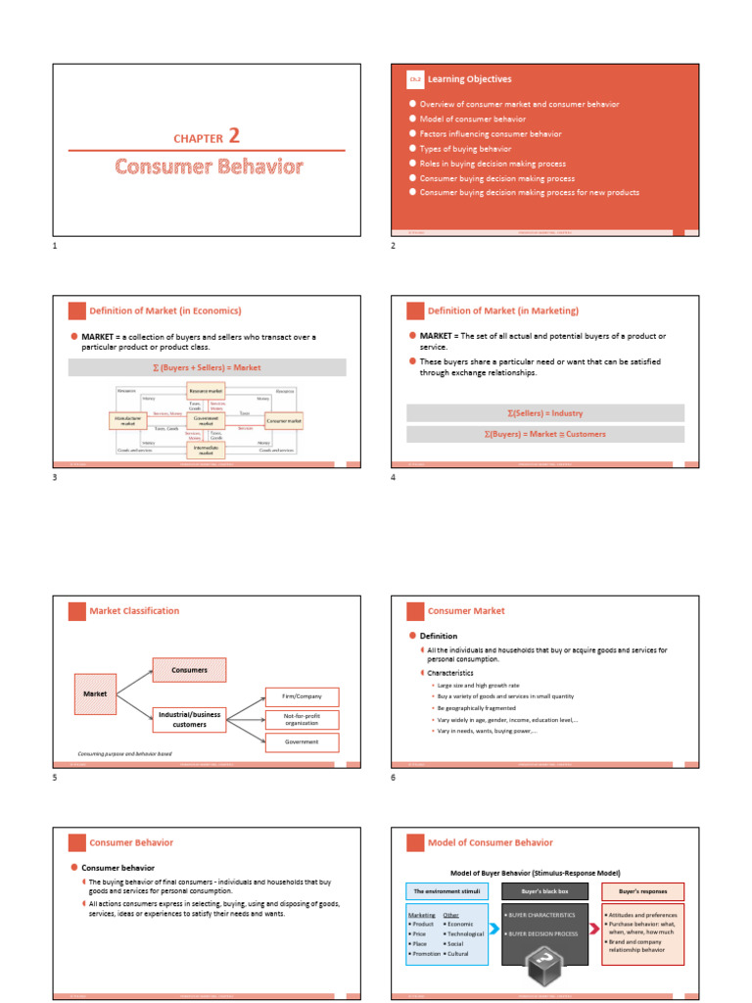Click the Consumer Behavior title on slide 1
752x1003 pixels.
[x=207, y=167]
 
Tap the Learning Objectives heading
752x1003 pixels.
[x=469, y=79]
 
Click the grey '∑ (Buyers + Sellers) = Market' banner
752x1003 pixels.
[x=207, y=367]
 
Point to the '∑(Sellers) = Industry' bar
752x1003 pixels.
[x=545, y=413]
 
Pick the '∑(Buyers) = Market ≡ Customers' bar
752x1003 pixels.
[x=545, y=434]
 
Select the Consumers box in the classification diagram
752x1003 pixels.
[x=189, y=670]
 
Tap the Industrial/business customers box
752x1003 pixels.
[x=189, y=720]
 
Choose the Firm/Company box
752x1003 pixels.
[x=302, y=696]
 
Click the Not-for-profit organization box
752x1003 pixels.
[x=302, y=720]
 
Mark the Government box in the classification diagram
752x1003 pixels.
[x=302, y=742]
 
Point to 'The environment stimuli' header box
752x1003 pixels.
[x=446, y=891]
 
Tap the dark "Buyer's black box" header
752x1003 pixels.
[x=545, y=891]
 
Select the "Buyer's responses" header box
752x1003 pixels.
[x=642, y=891]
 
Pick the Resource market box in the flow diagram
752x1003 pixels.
[x=206, y=391]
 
